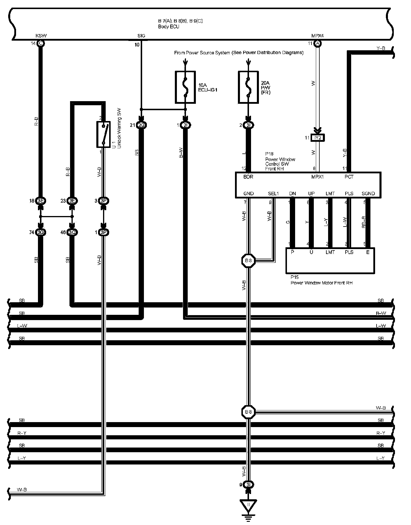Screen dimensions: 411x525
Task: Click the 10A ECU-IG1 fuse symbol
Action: (x=185, y=87)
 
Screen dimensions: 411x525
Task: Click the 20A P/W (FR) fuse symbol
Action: (x=248, y=87)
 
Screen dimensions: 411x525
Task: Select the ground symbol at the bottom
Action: (x=248, y=510)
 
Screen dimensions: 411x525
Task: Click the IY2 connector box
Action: (x=318, y=138)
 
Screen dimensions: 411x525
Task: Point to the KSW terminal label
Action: (x=41, y=36)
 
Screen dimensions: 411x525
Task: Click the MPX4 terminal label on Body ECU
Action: (x=318, y=36)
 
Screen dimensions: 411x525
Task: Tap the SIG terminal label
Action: (x=141, y=36)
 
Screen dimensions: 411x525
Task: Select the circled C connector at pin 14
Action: (x=41, y=44)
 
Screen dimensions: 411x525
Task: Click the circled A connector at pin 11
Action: (x=317, y=44)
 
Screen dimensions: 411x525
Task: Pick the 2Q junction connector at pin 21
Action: (x=141, y=125)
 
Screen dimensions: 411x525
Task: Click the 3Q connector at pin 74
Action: (x=41, y=232)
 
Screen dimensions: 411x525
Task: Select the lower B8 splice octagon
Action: (x=248, y=412)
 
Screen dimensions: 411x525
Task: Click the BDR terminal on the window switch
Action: (x=248, y=177)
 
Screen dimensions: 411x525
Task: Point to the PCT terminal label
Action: (x=349, y=177)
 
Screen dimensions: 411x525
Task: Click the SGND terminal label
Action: (x=368, y=194)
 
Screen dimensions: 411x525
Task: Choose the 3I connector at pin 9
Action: (x=248, y=484)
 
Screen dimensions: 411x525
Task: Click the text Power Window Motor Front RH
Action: (x=321, y=283)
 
